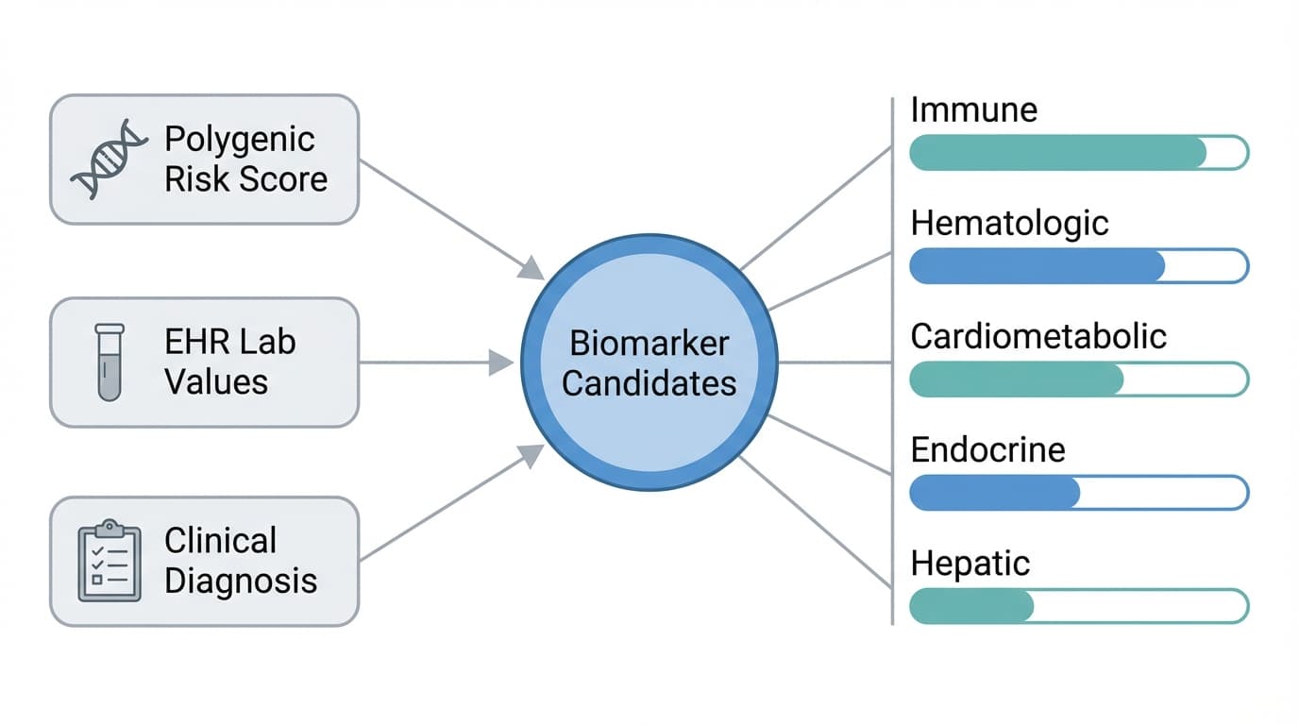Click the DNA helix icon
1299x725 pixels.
(110, 159)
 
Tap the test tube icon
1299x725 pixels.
(110, 362)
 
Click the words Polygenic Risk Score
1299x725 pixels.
(245, 159)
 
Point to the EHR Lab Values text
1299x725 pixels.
(229, 362)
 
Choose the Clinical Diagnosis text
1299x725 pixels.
(240, 561)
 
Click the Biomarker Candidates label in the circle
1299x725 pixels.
(649, 363)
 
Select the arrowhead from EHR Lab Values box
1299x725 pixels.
(502, 362)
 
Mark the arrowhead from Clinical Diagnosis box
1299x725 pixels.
(532, 456)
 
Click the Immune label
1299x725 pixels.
(973, 110)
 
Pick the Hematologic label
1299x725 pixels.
(1009, 224)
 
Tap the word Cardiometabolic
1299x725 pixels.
(1038, 337)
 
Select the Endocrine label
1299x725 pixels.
(987, 449)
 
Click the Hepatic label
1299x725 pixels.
(970, 564)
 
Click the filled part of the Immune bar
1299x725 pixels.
(1057, 153)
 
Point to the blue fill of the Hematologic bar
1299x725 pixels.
(1037, 266)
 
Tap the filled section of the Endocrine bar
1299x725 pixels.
(994, 493)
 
